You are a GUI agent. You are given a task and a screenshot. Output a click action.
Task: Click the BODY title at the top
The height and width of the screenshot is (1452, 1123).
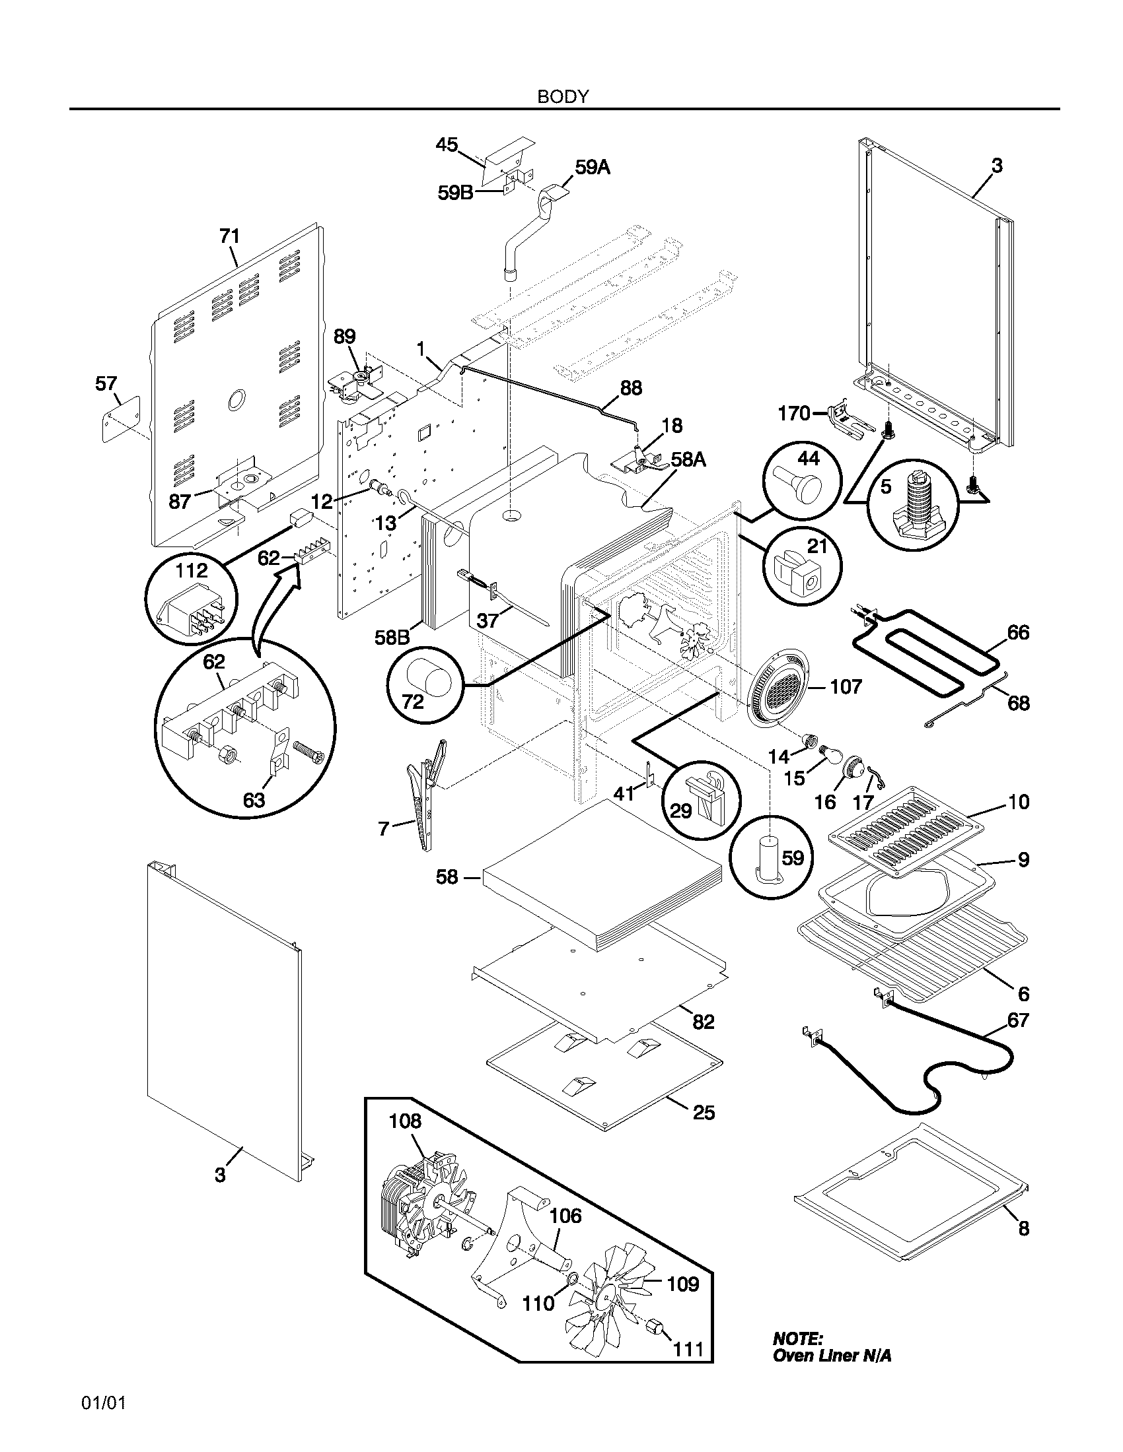click(563, 97)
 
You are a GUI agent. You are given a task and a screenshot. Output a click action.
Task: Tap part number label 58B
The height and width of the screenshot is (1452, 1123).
click(392, 638)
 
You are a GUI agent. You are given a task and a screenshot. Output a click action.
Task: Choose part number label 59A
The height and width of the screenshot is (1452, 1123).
click(592, 168)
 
